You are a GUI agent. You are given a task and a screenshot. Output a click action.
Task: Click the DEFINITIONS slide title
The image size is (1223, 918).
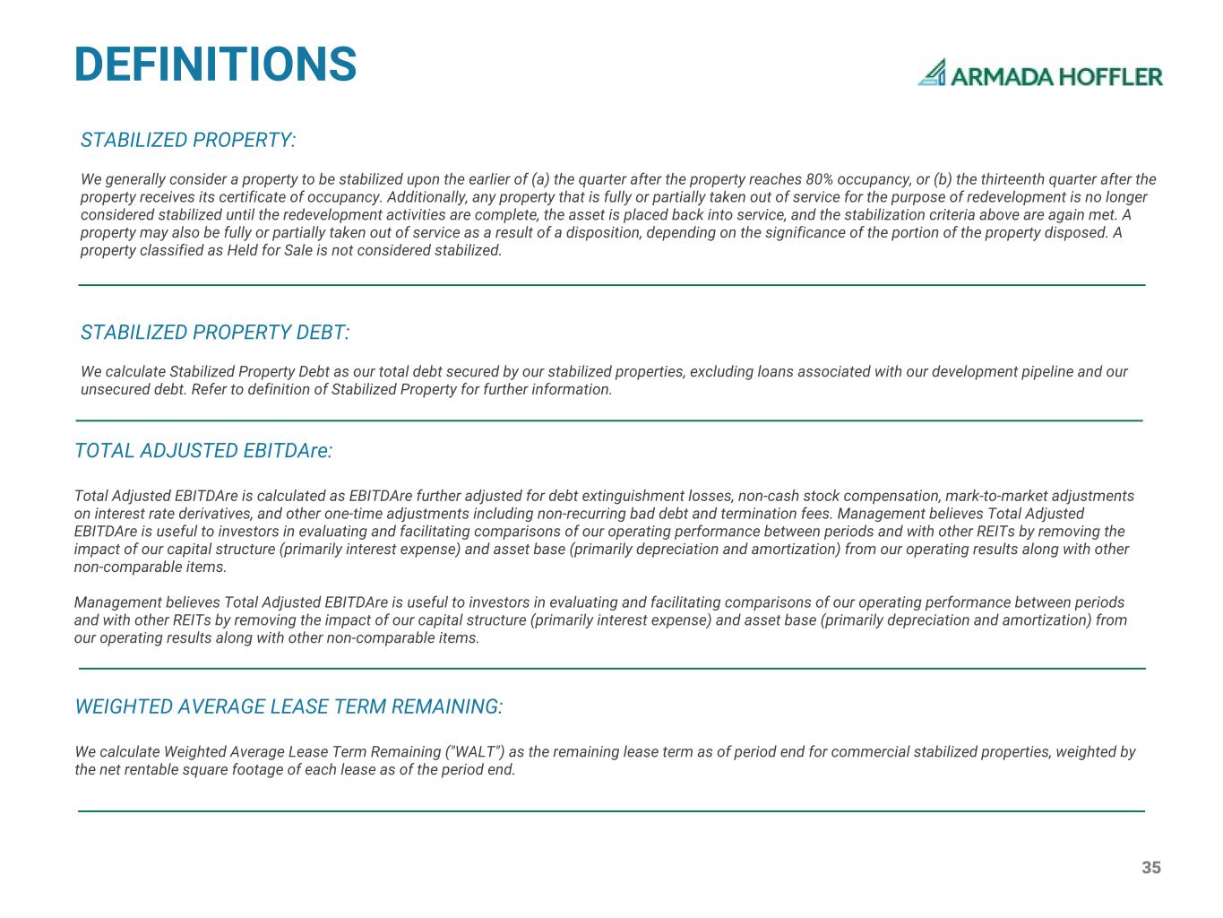pyautogui.click(x=215, y=65)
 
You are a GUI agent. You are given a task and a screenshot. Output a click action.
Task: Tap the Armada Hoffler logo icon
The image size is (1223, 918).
pyautogui.click(x=933, y=73)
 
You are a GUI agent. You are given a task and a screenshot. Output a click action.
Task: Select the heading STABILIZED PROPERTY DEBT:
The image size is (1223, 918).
pyautogui.click(x=215, y=333)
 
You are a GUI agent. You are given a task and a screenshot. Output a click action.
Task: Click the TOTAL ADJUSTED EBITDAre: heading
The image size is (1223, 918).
pyautogui.click(x=203, y=451)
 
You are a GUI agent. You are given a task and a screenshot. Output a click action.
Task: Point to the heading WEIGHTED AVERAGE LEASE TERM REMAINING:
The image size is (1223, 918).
pyautogui.click(x=289, y=707)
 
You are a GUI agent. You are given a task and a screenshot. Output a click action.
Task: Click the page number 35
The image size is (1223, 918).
pyautogui.click(x=1151, y=868)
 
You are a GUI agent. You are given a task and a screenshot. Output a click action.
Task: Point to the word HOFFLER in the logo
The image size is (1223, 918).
pyautogui.click(x=1111, y=76)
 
